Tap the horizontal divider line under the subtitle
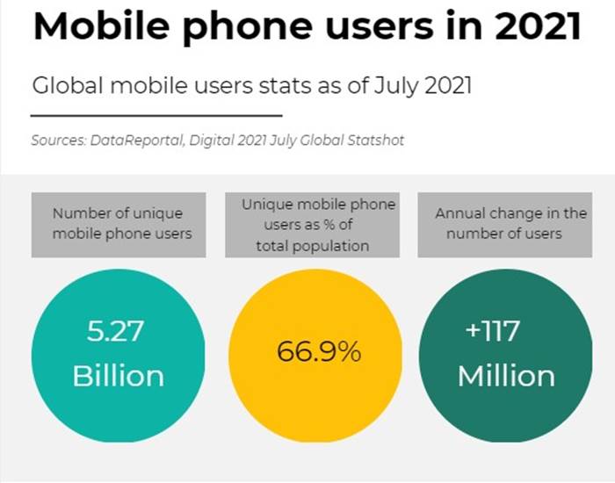[156, 115]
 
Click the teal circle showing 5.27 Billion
[118, 355]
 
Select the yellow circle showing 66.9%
[319, 355]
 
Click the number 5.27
[115, 332]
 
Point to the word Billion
[118, 376]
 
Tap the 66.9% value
[319, 353]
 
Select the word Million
[506, 376]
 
